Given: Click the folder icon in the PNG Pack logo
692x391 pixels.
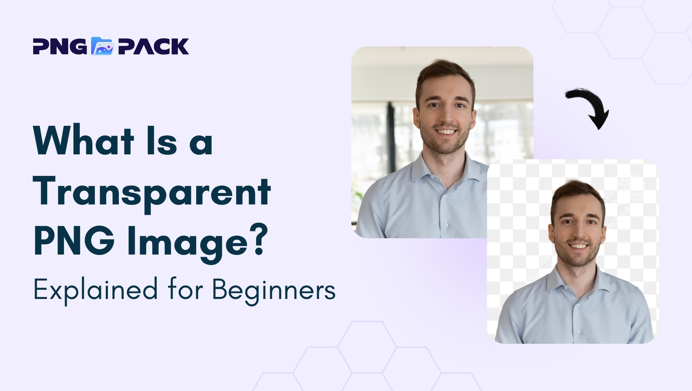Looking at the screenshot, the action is point(103,46).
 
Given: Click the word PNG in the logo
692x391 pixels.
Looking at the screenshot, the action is point(60,46).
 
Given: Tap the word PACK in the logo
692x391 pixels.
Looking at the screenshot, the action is point(153,46).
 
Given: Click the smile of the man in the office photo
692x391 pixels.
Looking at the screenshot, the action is point(445,132).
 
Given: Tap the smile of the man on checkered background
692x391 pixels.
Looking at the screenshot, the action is point(578,246).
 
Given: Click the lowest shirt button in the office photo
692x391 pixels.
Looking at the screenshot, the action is point(446,225).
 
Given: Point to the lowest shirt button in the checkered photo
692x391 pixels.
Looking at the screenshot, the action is point(578,332).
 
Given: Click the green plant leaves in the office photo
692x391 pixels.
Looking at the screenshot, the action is point(358,193).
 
